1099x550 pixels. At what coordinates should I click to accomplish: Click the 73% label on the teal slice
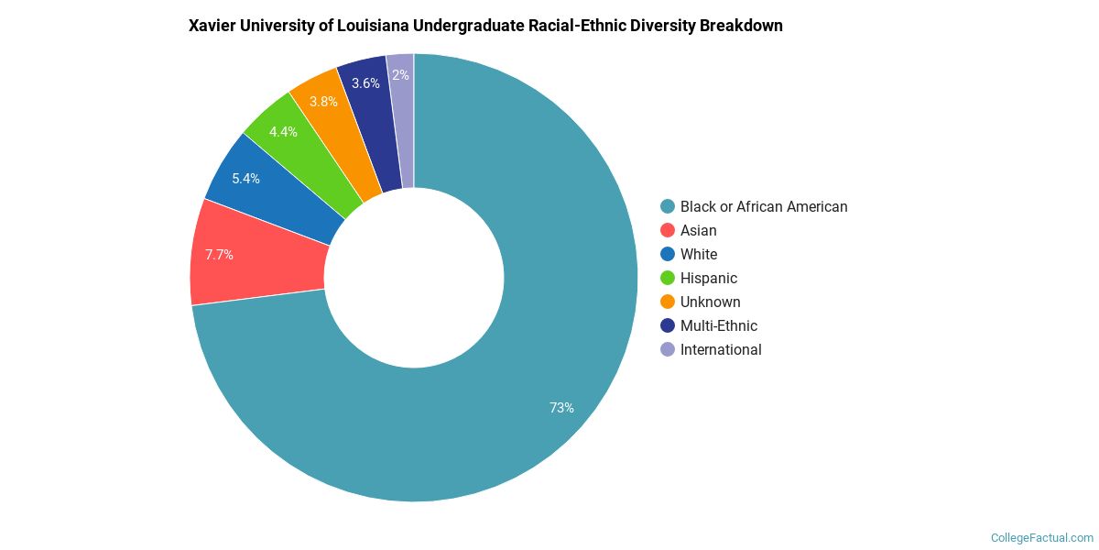click(x=561, y=408)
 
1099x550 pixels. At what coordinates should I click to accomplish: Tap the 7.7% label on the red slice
click(x=219, y=255)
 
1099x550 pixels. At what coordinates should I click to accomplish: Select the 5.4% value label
click(x=245, y=179)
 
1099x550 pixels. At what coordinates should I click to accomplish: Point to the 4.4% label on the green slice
click(x=283, y=132)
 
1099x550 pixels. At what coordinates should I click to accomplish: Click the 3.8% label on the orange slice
click(x=323, y=102)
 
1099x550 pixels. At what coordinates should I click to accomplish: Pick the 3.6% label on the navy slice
click(x=365, y=83)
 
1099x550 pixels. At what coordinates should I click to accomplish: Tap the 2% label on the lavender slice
click(x=400, y=75)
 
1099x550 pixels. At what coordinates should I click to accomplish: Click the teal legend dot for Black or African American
click(x=668, y=206)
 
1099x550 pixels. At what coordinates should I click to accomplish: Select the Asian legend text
click(x=698, y=231)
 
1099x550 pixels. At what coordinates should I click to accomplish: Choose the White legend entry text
click(x=699, y=255)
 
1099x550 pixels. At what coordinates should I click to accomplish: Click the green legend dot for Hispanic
click(x=668, y=278)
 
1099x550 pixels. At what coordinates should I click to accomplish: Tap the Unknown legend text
click(x=710, y=302)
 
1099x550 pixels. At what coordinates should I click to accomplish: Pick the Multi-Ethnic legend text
click(x=718, y=326)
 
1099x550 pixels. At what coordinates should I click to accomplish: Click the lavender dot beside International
click(x=668, y=349)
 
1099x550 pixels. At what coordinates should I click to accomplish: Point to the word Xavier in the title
click(x=212, y=26)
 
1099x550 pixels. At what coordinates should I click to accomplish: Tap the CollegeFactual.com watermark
click(x=1041, y=538)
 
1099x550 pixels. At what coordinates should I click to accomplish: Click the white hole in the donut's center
click(x=414, y=278)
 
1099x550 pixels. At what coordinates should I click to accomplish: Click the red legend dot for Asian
click(x=668, y=231)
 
